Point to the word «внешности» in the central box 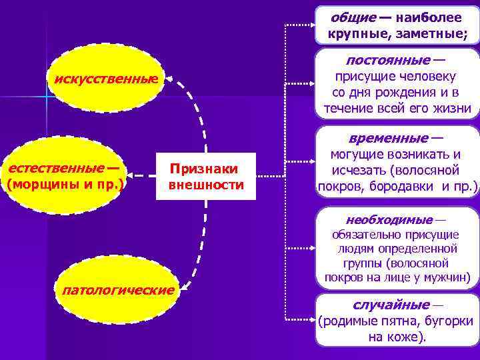pos(207,185)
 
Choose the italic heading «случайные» pos(391,305)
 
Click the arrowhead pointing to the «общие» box pos(311,25)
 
